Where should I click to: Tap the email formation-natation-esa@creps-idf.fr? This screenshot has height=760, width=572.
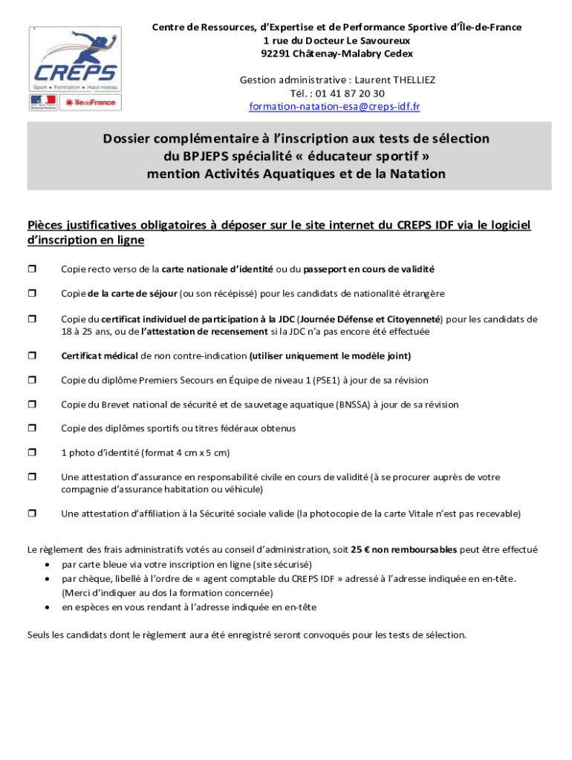(x=334, y=107)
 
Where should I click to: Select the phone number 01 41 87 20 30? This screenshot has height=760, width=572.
(x=350, y=94)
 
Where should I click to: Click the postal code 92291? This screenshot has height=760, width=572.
(x=276, y=53)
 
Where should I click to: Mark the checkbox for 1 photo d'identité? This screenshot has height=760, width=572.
(x=32, y=453)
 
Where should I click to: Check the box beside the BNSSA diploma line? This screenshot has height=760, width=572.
(x=32, y=405)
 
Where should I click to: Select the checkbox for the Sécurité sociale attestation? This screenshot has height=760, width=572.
(x=32, y=514)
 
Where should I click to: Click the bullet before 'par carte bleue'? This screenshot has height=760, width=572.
(x=47, y=564)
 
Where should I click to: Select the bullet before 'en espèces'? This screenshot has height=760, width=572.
(x=47, y=607)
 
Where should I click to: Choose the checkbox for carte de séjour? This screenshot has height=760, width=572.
(x=32, y=294)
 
